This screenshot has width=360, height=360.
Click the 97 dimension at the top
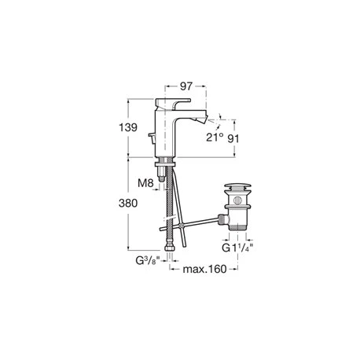tap(186, 86)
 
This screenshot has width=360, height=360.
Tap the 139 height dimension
tap(128, 127)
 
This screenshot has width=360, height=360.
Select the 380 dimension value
tap(128, 203)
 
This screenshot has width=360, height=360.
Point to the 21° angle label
tap(215, 138)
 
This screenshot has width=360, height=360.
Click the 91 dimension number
tap(233, 138)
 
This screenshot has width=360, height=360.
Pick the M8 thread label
tap(145, 183)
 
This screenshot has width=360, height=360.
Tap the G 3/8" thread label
tap(147, 261)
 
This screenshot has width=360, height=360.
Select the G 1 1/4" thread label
tap(237, 248)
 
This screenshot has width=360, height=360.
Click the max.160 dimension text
tap(204, 269)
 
